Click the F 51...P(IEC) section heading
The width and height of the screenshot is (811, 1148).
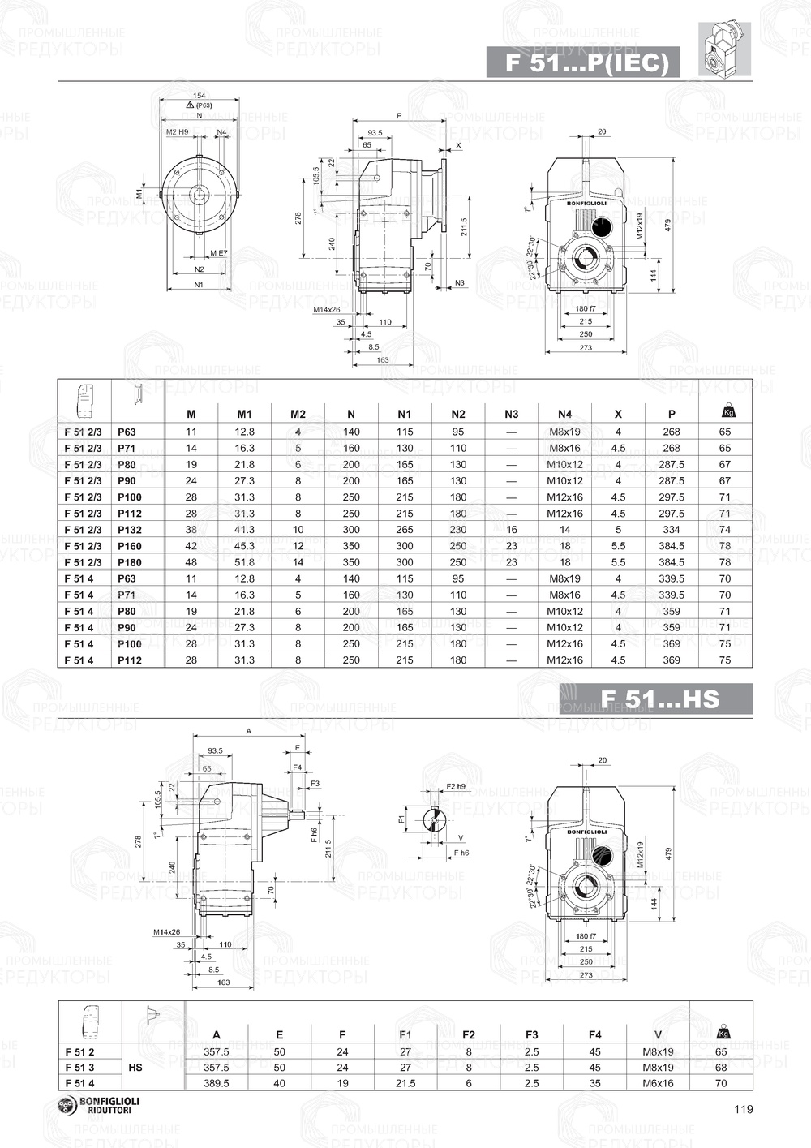tap(582, 63)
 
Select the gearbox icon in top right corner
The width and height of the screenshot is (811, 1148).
tap(724, 49)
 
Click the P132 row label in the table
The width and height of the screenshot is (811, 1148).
tap(130, 530)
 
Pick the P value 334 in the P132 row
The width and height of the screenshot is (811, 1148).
tap(672, 530)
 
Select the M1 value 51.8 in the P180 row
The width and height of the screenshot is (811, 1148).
tap(244, 562)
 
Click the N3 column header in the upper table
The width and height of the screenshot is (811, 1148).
tap(511, 415)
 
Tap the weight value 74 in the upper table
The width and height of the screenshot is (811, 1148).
tap(724, 530)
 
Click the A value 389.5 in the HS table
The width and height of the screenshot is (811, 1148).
tap(216, 1083)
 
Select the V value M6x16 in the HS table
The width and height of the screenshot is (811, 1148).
tap(658, 1083)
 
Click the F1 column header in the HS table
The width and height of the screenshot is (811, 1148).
tap(405, 1034)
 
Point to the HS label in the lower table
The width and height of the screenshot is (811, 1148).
tap(135, 1068)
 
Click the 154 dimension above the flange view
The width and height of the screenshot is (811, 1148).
tap(199, 96)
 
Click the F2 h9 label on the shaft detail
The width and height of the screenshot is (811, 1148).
tap(456, 786)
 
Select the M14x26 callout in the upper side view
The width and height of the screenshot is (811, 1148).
tap(327, 309)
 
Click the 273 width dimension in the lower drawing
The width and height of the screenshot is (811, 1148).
tap(586, 975)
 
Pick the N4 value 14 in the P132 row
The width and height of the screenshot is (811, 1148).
tap(565, 530)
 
